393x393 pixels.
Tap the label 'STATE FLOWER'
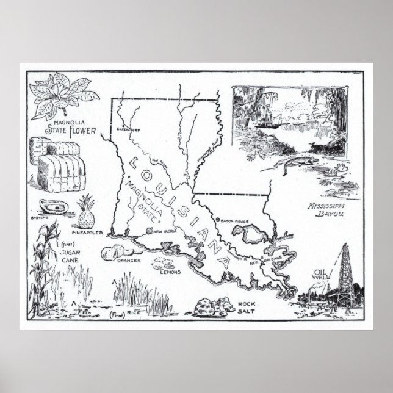[x=65, y=130]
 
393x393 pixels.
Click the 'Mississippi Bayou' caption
[x=326, y=211]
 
